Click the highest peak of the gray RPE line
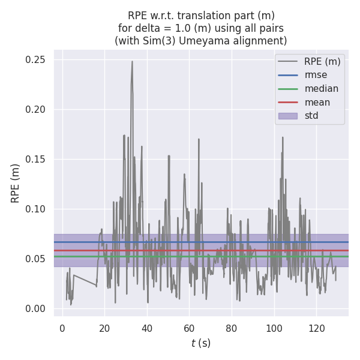pos(132,61)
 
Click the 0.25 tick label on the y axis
pos(35,60)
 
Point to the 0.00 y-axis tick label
pos(35,308)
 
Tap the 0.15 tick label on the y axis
pos(35,159)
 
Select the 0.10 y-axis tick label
pos(35,209)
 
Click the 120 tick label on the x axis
pos(316,328)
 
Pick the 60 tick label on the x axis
pos(189,328)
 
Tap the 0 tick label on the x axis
pos(62,328)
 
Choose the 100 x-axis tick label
pos(274,328)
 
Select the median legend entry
pos(321,89)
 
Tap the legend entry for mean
pos(317,103)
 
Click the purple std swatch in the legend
pos(287,116)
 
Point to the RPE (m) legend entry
pos(322,61)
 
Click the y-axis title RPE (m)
pos(16,183)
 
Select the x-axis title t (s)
pos(201,344)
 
